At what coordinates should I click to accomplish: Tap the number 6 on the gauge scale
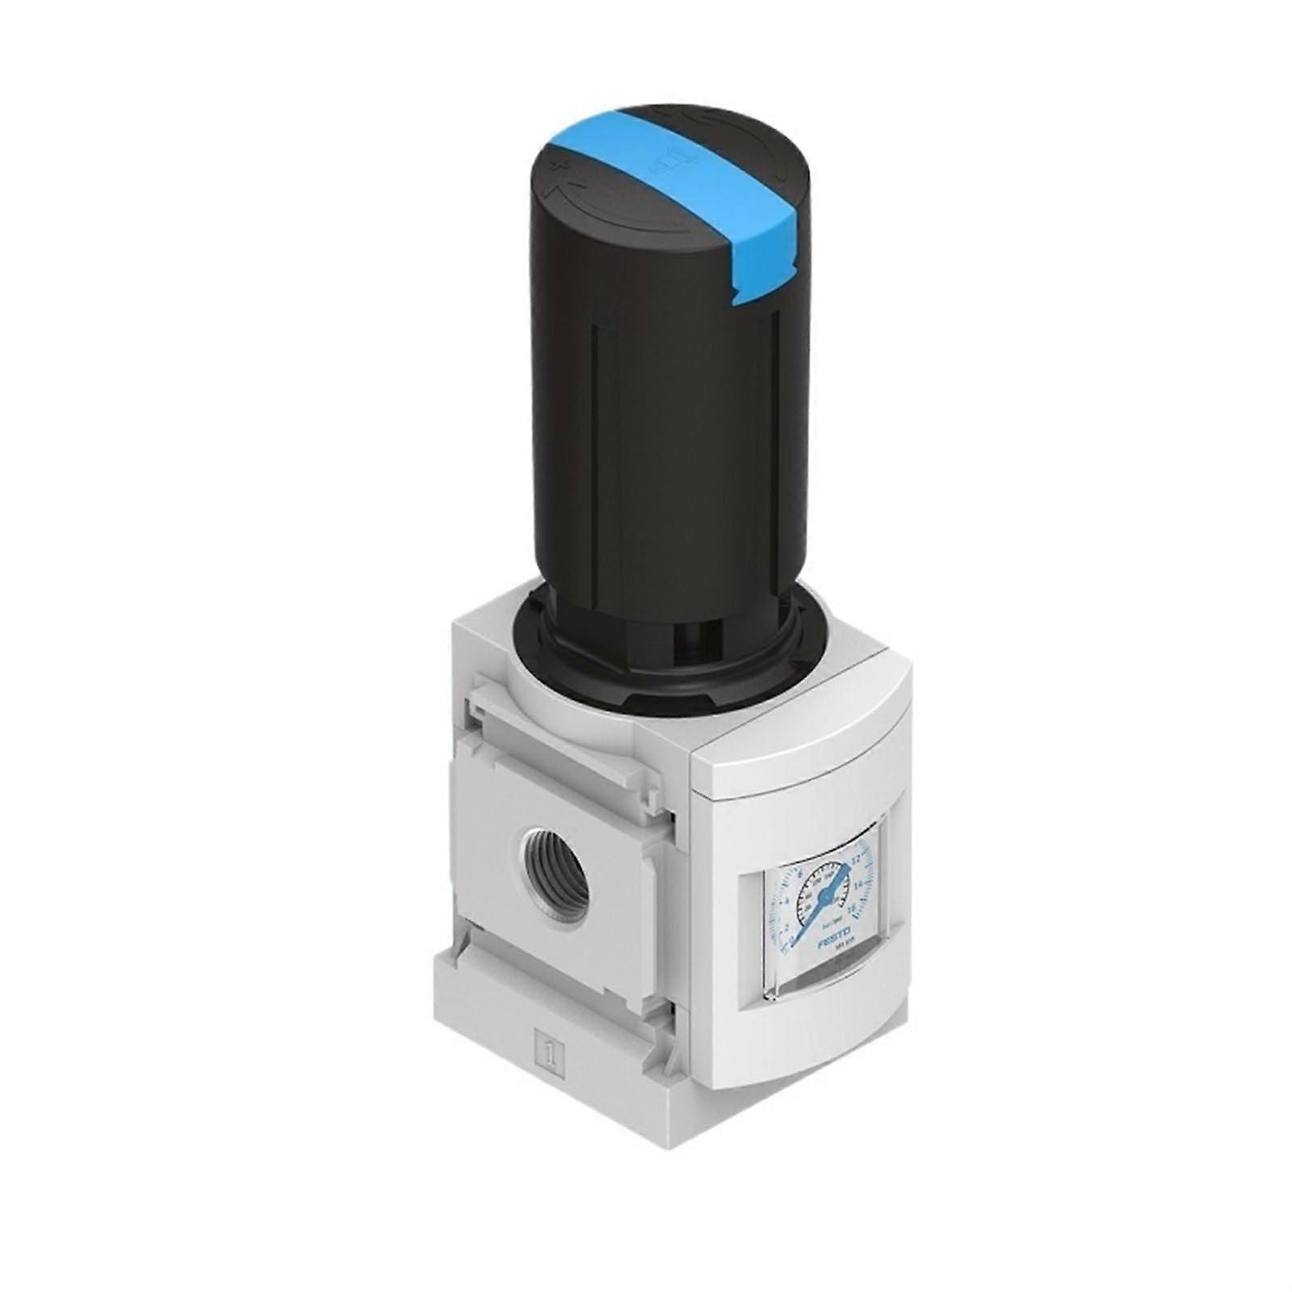tap(800, 875)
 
